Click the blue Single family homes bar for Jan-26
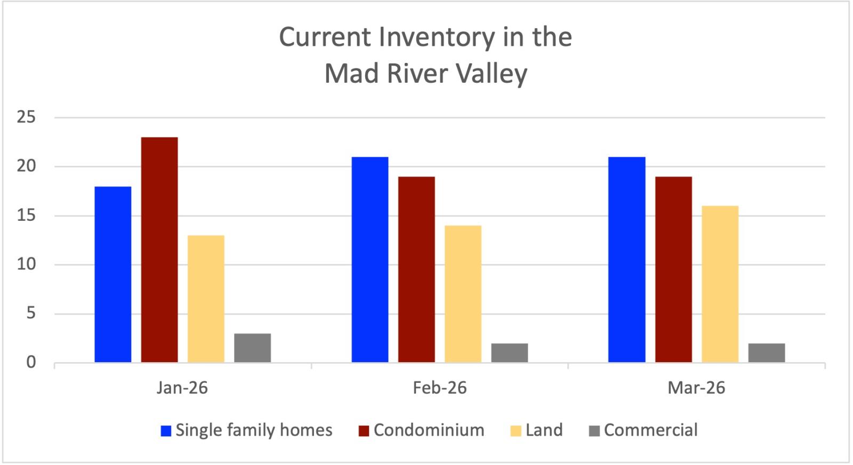113,274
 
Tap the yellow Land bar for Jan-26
206,299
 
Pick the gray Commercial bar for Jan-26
252,348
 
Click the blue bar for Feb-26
370,260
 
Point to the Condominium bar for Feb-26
416,269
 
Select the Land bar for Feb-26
463,294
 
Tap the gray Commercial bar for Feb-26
509,352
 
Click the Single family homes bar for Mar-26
626,260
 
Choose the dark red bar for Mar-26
673,269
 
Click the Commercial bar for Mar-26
766,352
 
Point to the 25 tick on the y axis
26,117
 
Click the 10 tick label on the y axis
26,264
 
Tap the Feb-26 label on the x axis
439,388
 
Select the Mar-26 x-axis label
696,388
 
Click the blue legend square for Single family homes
166,431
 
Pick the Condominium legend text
429,430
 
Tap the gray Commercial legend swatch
594,431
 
